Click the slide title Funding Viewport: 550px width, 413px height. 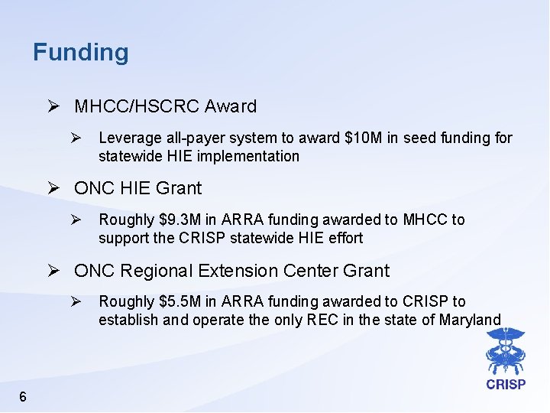coord(81,53)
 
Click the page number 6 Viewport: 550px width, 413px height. coord(23,396)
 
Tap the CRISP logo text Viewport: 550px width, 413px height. coord(505,385)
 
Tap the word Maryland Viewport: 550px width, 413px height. coord(470,320)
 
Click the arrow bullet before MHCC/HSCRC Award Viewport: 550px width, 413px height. coord(55,106)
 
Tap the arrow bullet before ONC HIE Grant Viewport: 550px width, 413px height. coord(55,188)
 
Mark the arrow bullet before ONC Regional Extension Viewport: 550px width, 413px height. coord(55,271)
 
